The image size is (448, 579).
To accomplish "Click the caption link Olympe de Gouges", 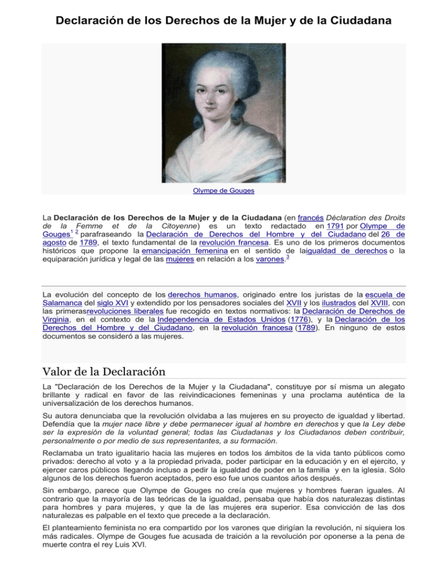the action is [223, 189].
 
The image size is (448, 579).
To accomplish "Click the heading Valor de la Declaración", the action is [104, 372].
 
